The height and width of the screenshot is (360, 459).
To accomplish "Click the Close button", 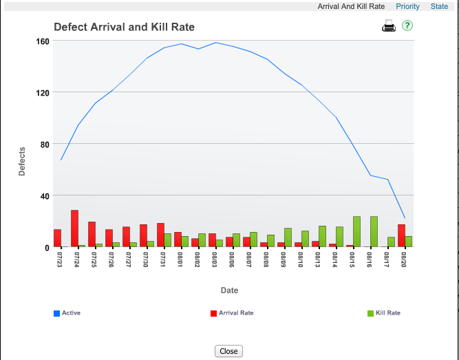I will point(228,351).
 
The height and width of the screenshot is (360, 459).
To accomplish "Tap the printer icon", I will point(389,27).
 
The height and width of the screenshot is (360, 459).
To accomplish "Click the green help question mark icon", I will point(407,25).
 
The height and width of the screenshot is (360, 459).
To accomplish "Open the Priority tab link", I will point(407,6).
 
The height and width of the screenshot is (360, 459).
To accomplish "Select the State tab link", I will point(439,6).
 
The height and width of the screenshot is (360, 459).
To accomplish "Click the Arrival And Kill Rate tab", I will point(351,6).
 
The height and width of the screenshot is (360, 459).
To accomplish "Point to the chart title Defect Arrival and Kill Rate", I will point(124,28).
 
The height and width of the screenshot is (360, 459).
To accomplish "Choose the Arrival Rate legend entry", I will point(235,313).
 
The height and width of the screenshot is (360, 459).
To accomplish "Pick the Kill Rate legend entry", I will point(387,313).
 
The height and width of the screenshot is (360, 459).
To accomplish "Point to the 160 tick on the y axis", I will point(42,41).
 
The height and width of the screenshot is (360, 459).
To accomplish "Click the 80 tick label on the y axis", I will point(44,144).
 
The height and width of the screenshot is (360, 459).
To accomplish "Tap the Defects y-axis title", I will point(22,161).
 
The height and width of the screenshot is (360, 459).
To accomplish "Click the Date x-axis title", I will point(229,290).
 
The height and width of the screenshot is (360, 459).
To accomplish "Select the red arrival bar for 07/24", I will point(74,229).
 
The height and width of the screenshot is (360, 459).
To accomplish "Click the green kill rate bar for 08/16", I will point(374,231).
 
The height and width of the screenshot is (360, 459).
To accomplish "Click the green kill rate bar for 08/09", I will point(288,237).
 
